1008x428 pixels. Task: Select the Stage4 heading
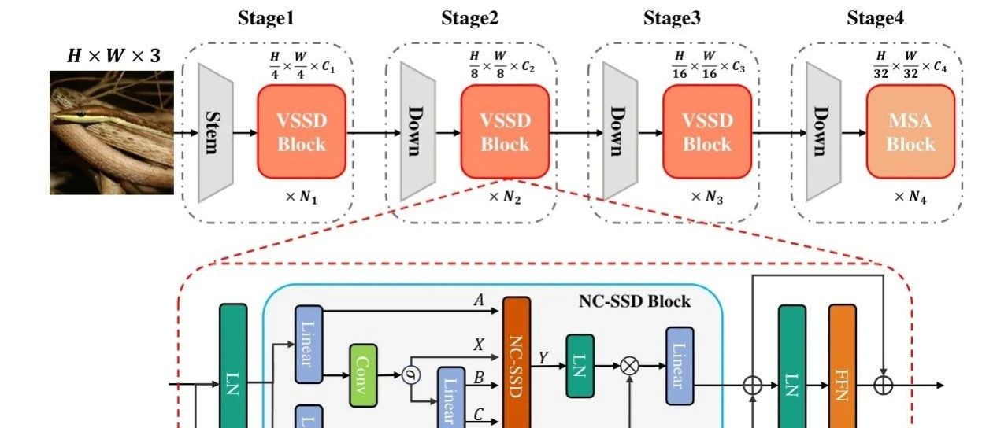[875, 18]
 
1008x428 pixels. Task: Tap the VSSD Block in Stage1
[302, 132]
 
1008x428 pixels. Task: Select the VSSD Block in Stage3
[707, 132]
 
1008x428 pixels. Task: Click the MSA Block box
[910, 132]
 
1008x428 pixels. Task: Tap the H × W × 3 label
[113, 57]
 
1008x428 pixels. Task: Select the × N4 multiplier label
[910, 197]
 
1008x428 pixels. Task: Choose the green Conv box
[363, 374]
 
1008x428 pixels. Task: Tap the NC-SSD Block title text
[635, 301]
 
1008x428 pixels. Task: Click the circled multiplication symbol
[629, 365]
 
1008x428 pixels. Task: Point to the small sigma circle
[410, 374]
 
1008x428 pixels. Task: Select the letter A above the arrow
[478, 299]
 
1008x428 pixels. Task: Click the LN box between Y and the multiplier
[580, 365]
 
